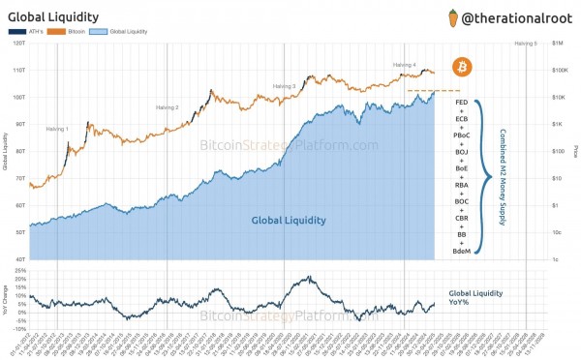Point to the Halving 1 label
[58, 128]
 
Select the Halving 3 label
[284, 86]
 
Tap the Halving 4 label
[404, 65]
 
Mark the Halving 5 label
[525, 44]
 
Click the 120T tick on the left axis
[18, 44]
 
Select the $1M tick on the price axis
[557, 44]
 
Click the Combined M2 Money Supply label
[503, 177]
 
